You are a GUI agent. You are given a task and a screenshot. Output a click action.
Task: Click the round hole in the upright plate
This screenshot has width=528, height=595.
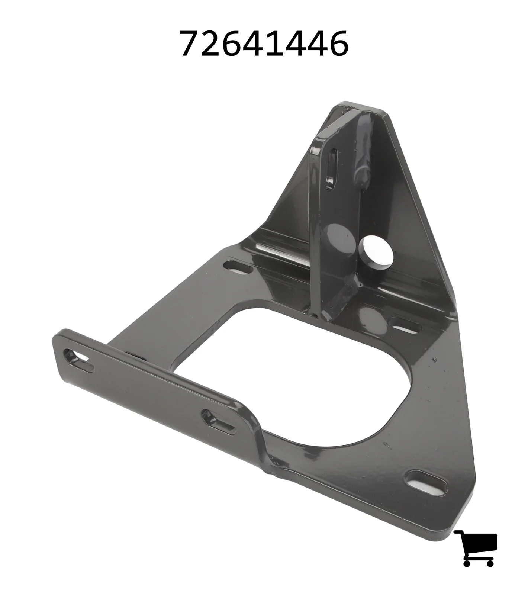tap(376, 252)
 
